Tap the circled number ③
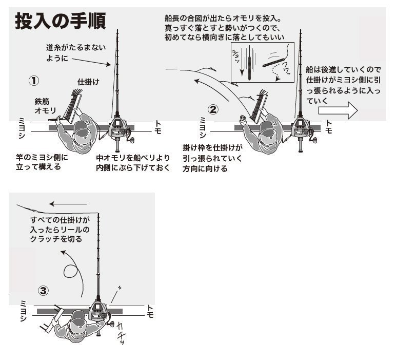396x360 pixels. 44,291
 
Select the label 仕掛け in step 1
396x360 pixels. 88,82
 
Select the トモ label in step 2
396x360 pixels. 329,126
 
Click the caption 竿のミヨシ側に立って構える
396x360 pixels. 42,162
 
